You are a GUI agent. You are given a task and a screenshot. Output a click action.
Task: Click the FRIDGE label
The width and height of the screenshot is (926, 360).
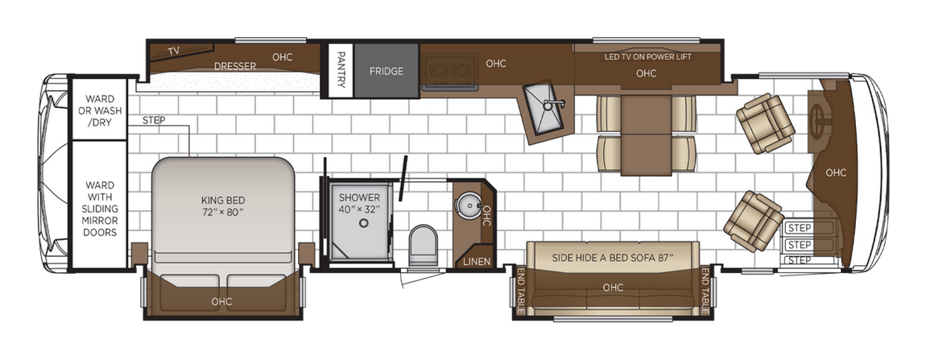(387, 71)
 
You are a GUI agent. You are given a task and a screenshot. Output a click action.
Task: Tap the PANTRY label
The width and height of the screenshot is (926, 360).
(341, 71)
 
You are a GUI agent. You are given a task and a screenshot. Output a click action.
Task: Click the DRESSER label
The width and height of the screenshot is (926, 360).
(235, 66)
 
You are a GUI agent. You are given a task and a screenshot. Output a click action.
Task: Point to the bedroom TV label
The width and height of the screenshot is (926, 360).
(173, 52)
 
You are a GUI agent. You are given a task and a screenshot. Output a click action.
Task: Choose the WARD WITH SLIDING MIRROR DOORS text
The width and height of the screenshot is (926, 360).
(100, 209)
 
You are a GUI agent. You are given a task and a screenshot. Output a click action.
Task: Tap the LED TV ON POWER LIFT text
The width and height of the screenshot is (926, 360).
(647, 57)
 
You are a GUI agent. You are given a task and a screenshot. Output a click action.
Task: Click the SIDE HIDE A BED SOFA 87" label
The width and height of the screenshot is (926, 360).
(612, 258)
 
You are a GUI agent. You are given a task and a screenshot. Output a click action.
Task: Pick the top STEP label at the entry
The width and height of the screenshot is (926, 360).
(800, 228)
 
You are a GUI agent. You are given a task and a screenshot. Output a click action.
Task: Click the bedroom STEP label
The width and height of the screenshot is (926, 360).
(153, 121)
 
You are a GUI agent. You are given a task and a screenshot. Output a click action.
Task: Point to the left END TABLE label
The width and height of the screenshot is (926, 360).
(521, 291)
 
